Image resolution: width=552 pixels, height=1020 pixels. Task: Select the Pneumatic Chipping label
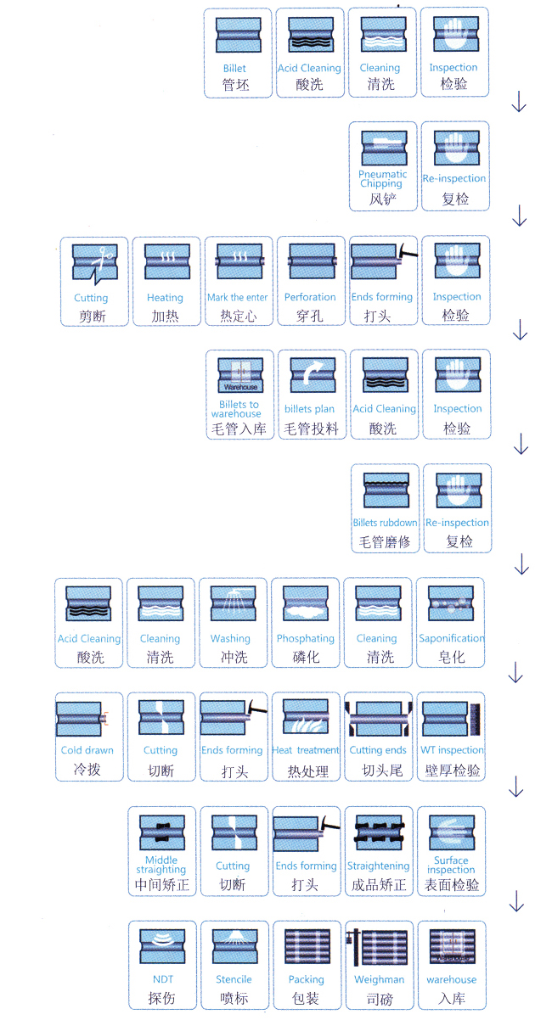(382, 179)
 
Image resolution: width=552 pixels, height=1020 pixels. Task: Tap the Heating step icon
(165, 262)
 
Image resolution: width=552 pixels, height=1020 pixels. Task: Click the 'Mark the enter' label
(238, 298)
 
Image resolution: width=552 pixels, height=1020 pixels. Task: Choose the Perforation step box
(310, 281)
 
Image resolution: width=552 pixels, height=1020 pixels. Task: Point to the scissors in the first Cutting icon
(105, 254)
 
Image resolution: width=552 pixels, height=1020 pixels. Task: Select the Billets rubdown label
(386, 523)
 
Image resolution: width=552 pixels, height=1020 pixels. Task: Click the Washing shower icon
(230, 603)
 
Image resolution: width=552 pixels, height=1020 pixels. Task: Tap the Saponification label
(452, 638)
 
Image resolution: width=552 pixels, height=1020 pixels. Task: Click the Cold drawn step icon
(87, 717)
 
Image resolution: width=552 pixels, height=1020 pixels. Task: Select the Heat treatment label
(306, 750)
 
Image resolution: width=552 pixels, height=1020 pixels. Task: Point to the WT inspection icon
(452, 718)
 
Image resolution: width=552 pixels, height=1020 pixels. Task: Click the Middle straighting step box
(161, 851)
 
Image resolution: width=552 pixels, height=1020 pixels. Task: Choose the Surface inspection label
(452, 865)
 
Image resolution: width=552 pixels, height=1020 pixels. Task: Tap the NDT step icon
(163, 944)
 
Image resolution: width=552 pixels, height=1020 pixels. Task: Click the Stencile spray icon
(234, 944)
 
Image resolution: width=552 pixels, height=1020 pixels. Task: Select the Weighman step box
(380, 964)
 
